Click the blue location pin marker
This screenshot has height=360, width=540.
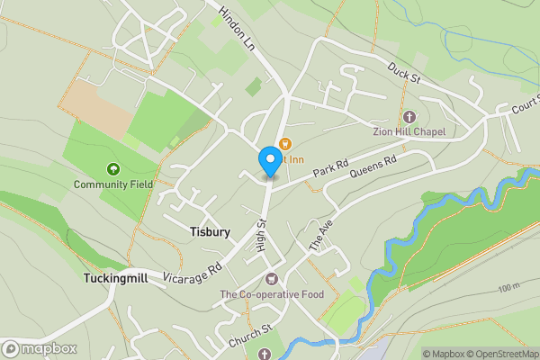(x=268, y=160)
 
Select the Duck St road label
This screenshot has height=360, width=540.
(x=404, y=73)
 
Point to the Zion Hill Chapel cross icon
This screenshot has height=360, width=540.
(x=409, y=116)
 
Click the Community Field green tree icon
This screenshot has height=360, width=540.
(x=113, y=168)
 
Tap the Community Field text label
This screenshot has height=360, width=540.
(x=113, y=184)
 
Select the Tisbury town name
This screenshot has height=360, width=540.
(x=211, y=231)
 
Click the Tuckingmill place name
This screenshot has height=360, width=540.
(x=116, y=277)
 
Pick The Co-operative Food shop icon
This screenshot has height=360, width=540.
(x=272, y=278)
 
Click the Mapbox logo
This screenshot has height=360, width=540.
(x=40, y=349)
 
